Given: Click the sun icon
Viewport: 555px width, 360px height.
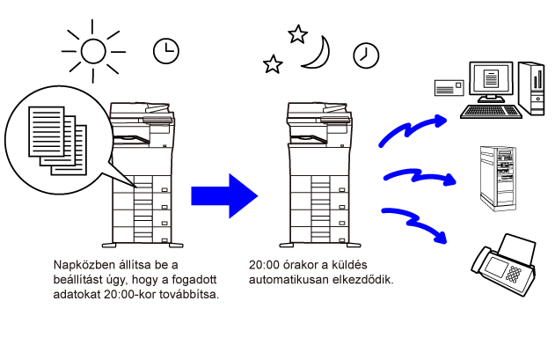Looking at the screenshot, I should click(93, 50).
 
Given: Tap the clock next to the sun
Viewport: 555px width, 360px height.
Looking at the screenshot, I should click(164, 51).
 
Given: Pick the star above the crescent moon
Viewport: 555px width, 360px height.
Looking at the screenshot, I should click(298, 33).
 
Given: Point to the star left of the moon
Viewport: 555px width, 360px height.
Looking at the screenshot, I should click(274, 63).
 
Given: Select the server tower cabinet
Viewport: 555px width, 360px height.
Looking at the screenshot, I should click(494, 176).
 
